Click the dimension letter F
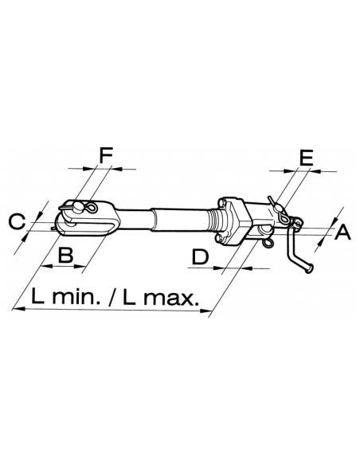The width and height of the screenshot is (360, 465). point(106,155)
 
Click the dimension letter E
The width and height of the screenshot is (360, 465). point(307,158)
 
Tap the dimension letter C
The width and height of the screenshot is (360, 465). point(17,222)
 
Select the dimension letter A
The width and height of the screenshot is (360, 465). point(342,232)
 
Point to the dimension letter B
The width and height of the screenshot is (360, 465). point(65,255)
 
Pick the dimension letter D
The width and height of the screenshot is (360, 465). point(201,257)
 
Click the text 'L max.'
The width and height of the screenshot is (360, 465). point(161,297)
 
